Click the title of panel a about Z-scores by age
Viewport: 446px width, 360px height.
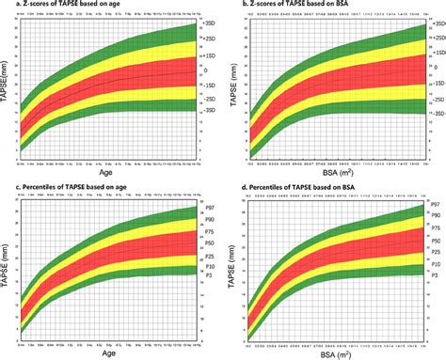pyautogui.click(x=58, y=7)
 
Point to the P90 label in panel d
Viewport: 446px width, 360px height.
pyautogui.click(x=437, y=213)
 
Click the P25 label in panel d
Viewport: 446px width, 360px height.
pyautogui.click(x=437, y=252)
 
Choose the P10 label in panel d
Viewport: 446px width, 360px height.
pyautogui.click(x=437, y=265)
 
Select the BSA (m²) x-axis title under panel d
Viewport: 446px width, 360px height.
pyautogui.click(x=336, y=353)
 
